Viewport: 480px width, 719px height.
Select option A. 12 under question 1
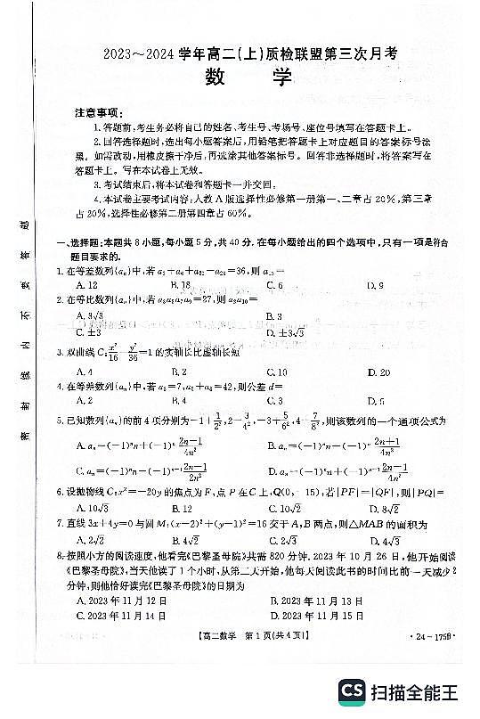click(86, 285)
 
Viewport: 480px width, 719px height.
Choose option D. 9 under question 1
click(375, 285)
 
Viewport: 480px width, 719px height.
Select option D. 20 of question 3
click(378, 372)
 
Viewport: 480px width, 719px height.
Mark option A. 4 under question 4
click(85, 401)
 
